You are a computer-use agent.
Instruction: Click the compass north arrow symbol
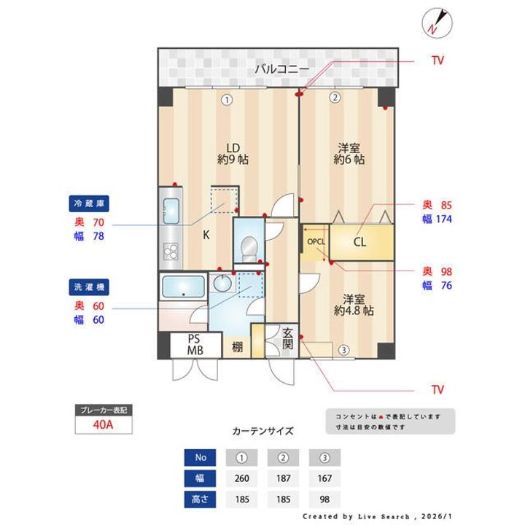(437, 23)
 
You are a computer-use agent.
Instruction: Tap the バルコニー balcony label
(281, 69)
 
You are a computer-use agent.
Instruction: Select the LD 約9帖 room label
(233, 152)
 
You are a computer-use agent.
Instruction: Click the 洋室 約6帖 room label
(349, 152)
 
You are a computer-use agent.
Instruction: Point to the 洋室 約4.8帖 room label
(354, 304)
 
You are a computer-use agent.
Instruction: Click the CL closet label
(359, 242)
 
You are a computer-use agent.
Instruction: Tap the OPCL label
(316, 241)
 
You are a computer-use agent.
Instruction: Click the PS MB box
(194, 345)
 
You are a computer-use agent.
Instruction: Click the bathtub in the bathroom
(182, 287)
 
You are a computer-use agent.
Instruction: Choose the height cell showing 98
(324, 499)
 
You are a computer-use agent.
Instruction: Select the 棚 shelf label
(238, 347)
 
